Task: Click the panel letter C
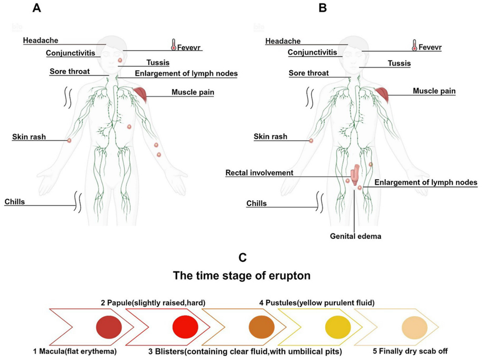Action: tap(242, 257)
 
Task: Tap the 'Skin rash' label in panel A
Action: tap(29, 136)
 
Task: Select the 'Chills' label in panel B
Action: tap(257, 203)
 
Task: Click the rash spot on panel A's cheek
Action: tap(120, 60)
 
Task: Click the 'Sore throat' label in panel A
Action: tap(70, 71)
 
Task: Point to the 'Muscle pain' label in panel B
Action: tap(434, 91)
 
